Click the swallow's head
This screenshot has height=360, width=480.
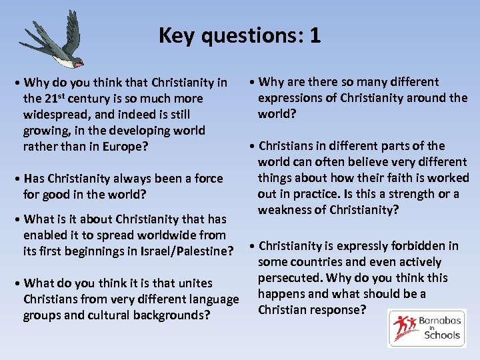pyautogui.click(x=77, y=62)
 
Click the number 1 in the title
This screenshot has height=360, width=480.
pyautogui.click(x=315, y=35)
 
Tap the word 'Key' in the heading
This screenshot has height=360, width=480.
pyautogui.click(x=175, y=35)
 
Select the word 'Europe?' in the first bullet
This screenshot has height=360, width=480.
pyautogui.click(x=125, y=147)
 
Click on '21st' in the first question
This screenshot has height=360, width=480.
pyautogui.click(x=54, y=99)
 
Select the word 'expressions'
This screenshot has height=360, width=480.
pyautogui.click(x=291, y=98)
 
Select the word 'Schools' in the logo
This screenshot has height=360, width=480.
pyautogui.click(x=442, y=335)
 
